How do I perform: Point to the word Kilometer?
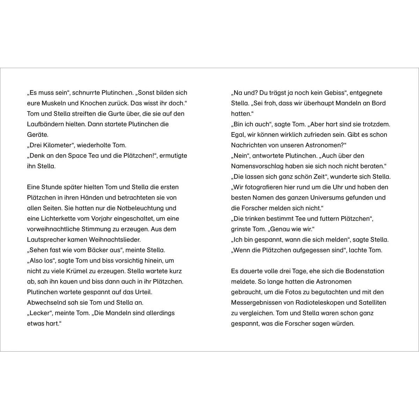58,145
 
